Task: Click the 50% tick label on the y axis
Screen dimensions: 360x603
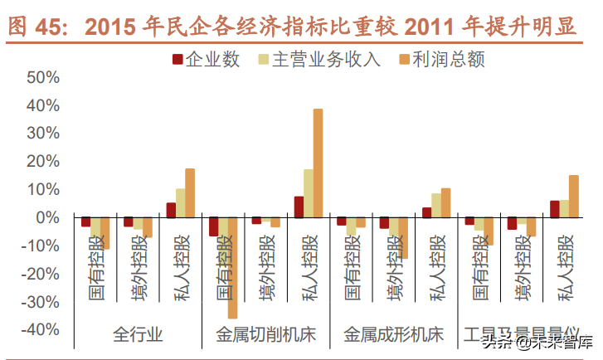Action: (x=42, y=77)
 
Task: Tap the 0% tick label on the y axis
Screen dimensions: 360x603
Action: (x=47, y=217)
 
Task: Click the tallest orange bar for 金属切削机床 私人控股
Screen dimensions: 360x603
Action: (x=318, y=163)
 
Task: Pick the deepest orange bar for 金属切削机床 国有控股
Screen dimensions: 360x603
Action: (x=232, y=267)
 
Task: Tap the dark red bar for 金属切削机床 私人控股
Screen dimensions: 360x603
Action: (x=299, y=207)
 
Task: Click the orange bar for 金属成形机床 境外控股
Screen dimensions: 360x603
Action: (x=403, y=238)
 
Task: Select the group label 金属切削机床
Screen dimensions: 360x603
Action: (x=265, y=335)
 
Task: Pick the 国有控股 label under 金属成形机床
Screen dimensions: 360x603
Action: (x=351, y=263)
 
